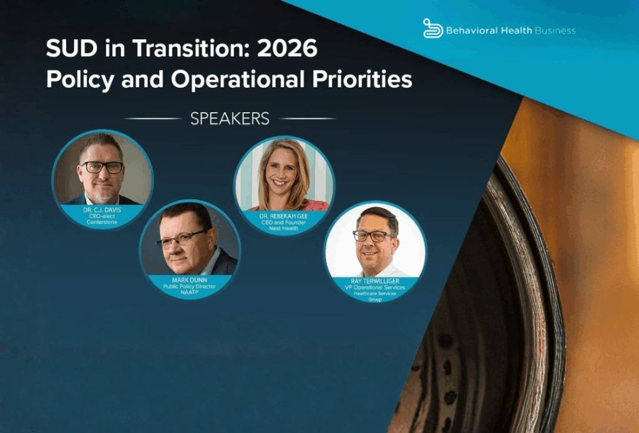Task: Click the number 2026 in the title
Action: point(288,49)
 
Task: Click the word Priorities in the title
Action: point(363,79)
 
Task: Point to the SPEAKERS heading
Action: point(230,118)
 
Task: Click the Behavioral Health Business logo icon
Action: point(433,28)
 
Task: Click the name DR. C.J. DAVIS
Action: point(102,211)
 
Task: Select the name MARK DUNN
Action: point(190,280)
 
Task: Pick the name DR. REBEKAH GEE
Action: point(284,216)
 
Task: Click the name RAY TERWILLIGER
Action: point(375,281)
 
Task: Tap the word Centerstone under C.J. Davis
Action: point(102,222)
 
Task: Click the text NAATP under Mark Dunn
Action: point(190,292)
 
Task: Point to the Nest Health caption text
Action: point(284,228)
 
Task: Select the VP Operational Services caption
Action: point(375,287)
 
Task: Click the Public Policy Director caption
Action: point(190,287)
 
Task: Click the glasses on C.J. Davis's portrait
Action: point(102,167)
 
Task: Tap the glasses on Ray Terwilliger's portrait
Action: point(373,236)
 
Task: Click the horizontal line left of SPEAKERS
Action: point(153,119)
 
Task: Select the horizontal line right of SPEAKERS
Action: point(308,119)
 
